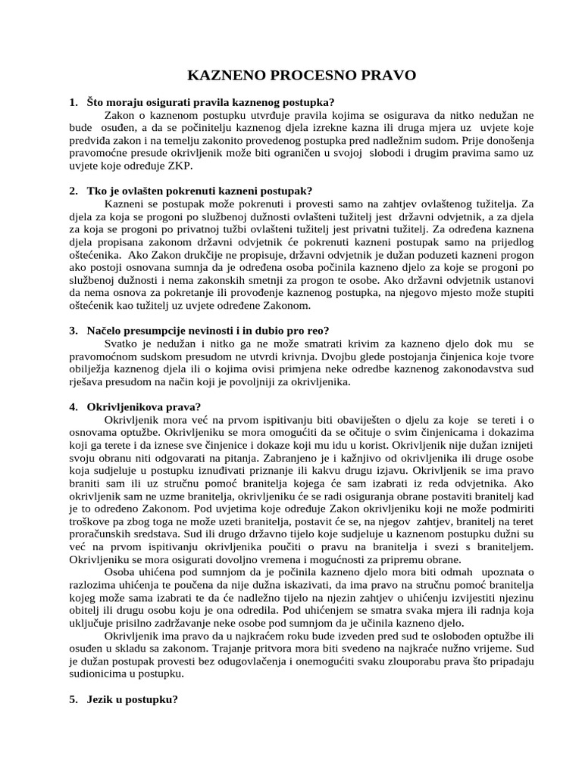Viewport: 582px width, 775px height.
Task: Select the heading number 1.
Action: (72, 102)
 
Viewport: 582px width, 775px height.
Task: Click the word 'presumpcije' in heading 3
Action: (155, 331)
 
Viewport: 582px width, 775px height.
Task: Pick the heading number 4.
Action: (72, 406)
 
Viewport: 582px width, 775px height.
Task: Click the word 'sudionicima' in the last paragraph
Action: (98, 674)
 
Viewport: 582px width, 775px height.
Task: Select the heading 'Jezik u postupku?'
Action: (133, 700)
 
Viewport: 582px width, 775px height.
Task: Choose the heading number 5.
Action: (72, 700)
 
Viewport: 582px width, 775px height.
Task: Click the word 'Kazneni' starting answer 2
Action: (124, 204)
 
